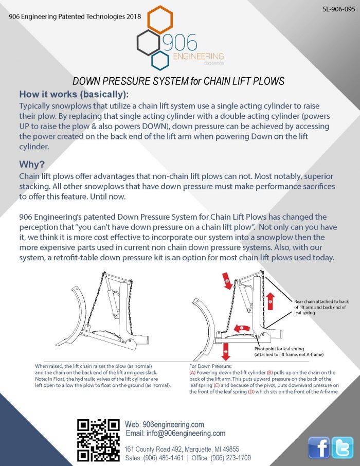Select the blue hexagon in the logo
pyautogui.click(x=160, y=59)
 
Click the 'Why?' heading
pyautogui.click(x=31, y=165)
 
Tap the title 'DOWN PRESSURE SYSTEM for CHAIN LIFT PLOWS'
pyautogui.click(x=178, y=82)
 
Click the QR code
pyautogui.click(x=98, y=440)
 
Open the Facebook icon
pyautogui.click(x=319, y=447)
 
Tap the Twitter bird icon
pyautogui.click(x=342, y=447)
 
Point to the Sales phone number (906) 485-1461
pyautogui.click(x=163, y=458)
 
